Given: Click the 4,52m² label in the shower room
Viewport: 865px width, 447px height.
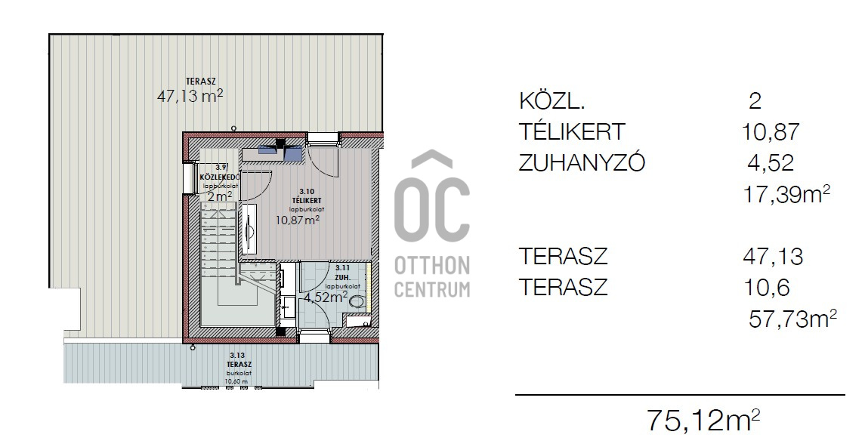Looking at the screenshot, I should coord(325,297).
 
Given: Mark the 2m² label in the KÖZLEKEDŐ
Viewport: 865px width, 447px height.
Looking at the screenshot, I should coord(219,196).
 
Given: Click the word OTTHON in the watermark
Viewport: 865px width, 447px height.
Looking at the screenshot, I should coord(432,266).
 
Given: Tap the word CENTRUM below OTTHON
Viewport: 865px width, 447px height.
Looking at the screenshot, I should coord(432,288).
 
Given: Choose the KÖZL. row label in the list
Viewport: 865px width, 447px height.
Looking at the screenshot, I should coord(551,100).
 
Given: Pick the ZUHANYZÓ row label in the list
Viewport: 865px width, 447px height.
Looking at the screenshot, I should coord(582,163).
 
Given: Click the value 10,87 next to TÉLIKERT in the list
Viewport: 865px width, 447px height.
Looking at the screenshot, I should coord(769,132).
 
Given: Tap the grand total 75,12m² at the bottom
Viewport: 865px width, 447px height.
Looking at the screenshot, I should coord(703,420).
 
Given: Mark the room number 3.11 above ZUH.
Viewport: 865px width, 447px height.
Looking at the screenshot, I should coord(342,267).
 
